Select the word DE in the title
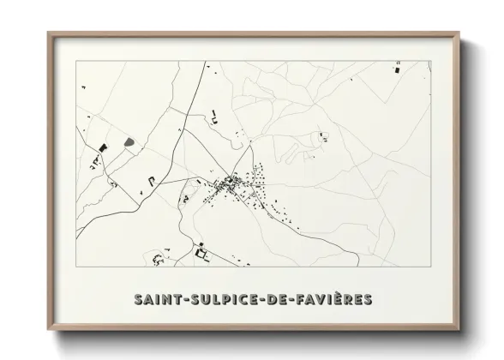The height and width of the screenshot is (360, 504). (276, 299)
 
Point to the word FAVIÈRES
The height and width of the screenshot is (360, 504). (333, 299)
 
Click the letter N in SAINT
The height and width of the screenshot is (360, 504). (166, 299)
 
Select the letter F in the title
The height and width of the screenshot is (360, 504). (298, 299)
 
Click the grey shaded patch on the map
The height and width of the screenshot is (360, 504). (129, 139)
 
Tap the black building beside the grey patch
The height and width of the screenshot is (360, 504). (103, 147)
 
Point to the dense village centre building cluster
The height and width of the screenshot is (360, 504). (230, 183)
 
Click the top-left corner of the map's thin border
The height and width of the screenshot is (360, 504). (76, 61)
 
